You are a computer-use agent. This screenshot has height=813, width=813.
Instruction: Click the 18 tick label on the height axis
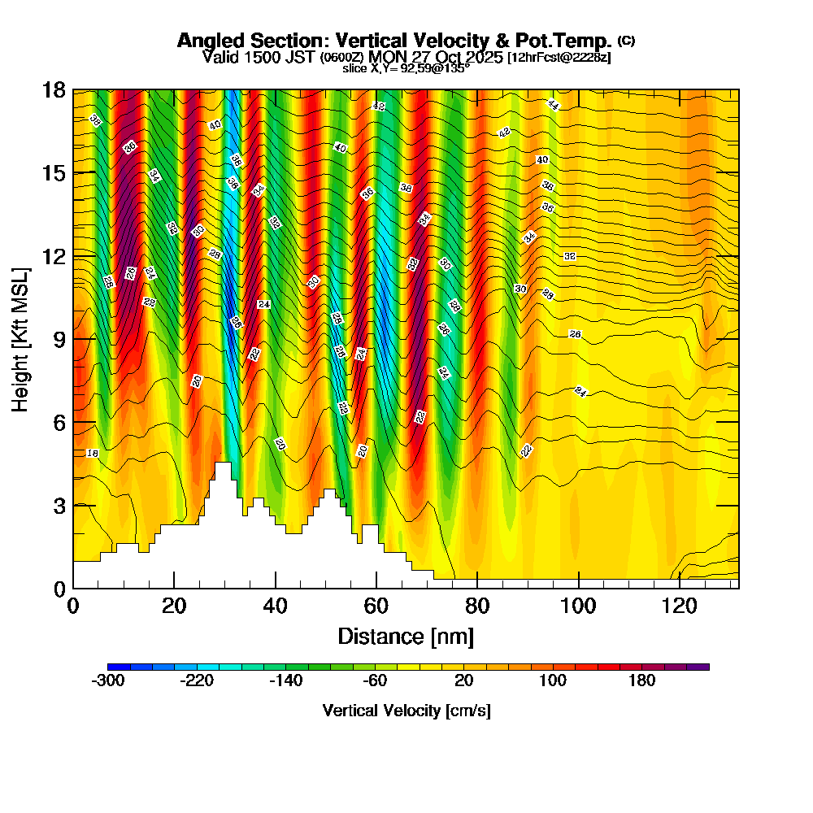pos(54,89)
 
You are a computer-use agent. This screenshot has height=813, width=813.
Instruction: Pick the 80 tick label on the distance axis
pos(477,606)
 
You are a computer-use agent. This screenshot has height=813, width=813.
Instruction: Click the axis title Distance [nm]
pos(406,636)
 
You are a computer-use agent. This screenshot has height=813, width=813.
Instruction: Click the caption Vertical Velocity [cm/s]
pos(406,711)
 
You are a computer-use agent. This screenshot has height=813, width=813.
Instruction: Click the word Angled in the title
pos(207,41)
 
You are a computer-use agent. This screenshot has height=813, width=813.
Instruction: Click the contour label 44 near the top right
pos(553,105)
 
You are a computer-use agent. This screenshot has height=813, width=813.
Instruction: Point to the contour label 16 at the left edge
pos(92,453)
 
